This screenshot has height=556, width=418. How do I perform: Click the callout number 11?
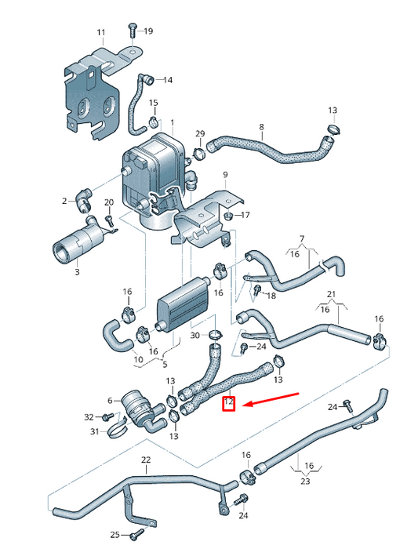[x=100, y=32]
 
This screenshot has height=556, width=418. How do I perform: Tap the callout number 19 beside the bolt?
[x=148, y=31]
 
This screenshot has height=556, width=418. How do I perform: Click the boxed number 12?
[x=229, y=405]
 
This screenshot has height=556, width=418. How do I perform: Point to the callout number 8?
[x=261, y=127]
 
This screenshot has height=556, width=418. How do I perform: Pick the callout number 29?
[x=199, y=133]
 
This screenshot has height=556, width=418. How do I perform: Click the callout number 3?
[x=77, y=271]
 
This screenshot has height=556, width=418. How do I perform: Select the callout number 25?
[x=114, y=534]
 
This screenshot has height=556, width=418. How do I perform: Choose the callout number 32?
[x=89, y=416]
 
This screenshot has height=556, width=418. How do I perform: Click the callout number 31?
[x=94, y=431]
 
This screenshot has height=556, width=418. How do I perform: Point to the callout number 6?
[x=110, y=400]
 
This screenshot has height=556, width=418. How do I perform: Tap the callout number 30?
[x=195, y=335]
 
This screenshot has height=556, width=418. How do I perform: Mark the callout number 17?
[x=245, y=214]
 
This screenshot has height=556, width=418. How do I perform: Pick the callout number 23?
[x=305, y=482]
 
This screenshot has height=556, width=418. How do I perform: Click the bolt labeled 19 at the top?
[x=131, y=31]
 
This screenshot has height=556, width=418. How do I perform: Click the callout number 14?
[x=168, y=79]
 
